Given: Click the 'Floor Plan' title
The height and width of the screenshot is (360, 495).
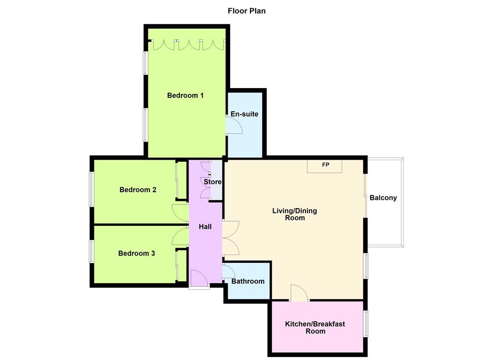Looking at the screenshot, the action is click(247, 11).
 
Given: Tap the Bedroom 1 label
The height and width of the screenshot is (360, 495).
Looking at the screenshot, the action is click(185, 95).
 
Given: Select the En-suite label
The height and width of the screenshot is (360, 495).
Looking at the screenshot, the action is click(244, 114).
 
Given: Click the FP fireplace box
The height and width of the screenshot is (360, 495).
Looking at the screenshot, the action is click(324, 166).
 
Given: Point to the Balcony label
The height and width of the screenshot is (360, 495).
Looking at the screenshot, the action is click(383, 198).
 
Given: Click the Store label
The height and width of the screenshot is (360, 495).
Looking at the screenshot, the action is click(213, 182).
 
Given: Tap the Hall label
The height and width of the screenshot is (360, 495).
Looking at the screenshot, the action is click(205, 226).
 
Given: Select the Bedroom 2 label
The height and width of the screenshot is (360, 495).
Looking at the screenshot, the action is click(138, 190).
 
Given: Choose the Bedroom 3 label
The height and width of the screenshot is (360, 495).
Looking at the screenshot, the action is click(137, 253).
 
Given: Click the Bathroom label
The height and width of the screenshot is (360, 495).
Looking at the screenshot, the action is click(248, 281).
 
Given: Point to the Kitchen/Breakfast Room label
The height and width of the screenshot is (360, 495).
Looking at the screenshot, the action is click(315, 328).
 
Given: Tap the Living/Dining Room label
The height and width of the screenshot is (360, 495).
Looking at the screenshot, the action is click(294, 214).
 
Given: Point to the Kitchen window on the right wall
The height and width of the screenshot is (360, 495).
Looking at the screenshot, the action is click(366, 324).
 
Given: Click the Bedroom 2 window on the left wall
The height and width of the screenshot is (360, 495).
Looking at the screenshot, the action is click(91, 189).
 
